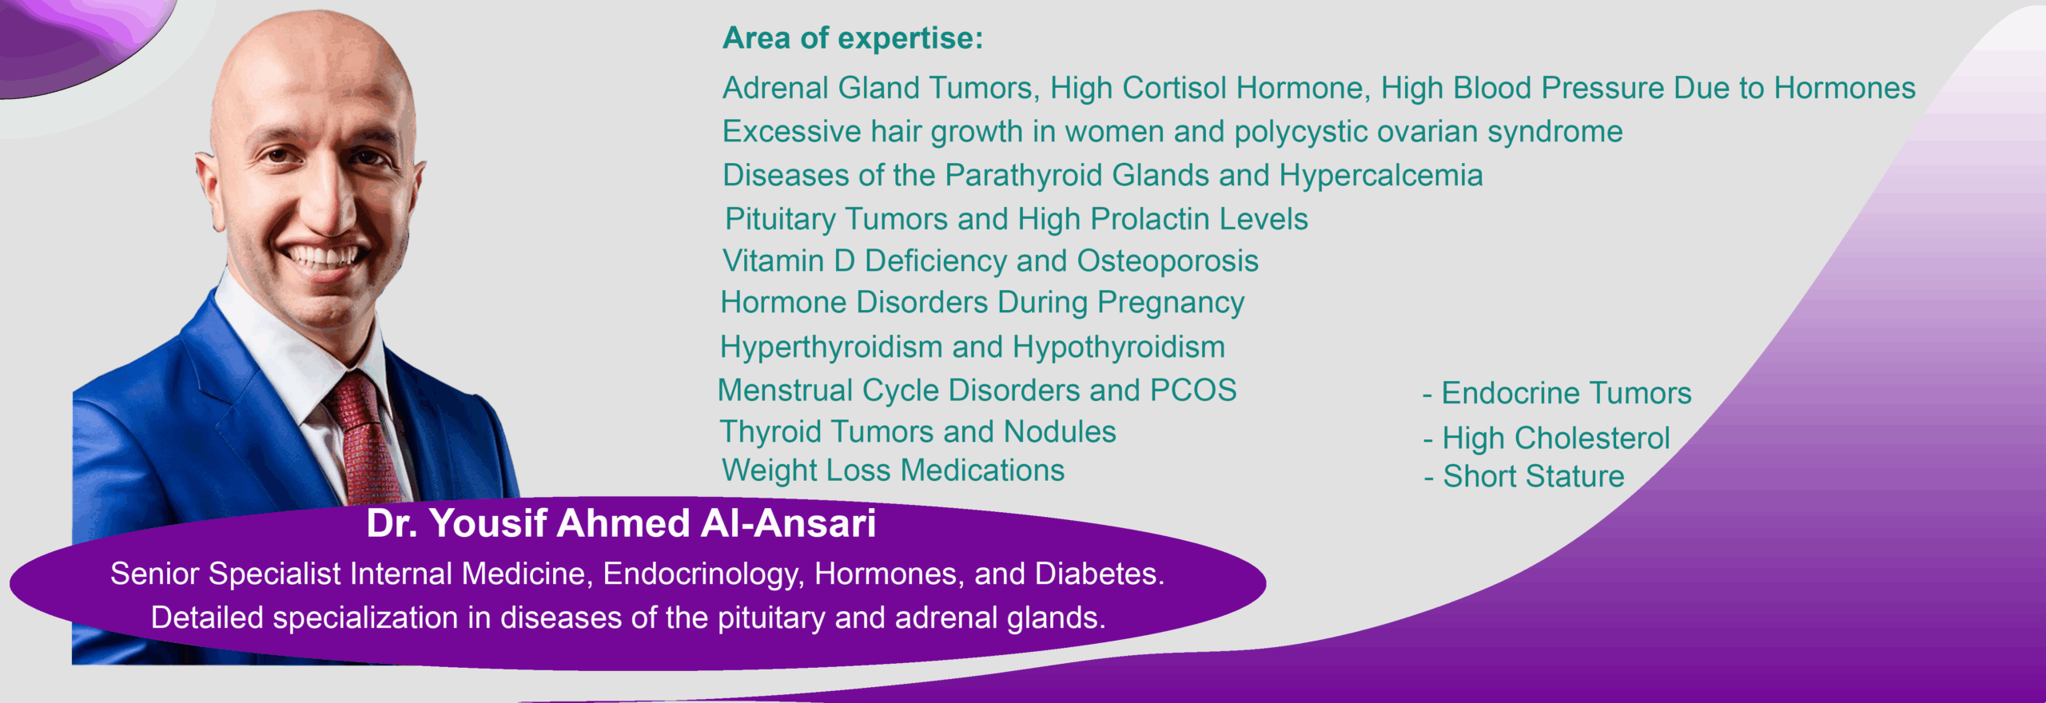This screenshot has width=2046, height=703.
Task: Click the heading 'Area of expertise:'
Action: (x=852, y=38)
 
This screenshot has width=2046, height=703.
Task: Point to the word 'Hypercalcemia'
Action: (x=1380, y=176)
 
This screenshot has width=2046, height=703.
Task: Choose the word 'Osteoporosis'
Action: (x=1167, y=261)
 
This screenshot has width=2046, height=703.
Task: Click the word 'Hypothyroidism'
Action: (x=1118, y=348)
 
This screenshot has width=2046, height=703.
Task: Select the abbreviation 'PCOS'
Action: (x=1192, y=391)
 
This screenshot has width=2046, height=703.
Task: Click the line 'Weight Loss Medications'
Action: (x=893, y=471)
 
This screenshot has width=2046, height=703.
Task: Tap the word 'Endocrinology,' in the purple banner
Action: (x=703, y=574)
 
